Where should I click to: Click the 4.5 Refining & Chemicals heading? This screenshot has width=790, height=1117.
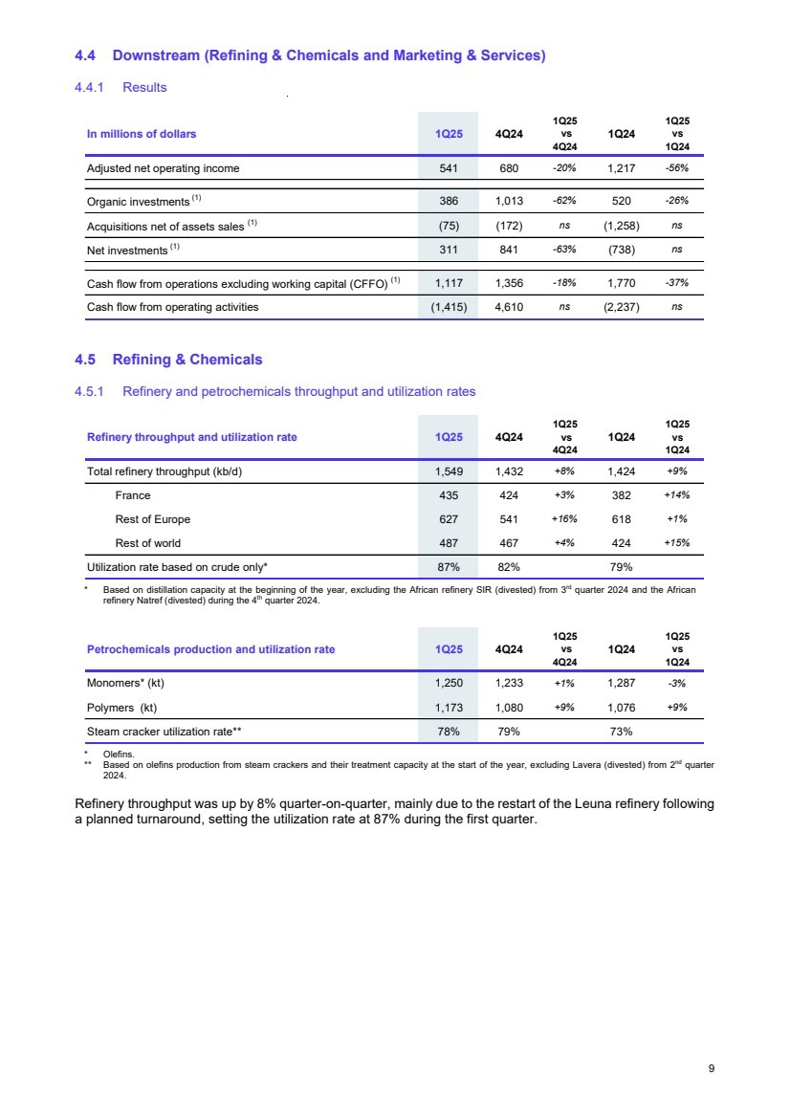167,360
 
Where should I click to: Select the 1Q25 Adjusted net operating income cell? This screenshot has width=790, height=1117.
443,168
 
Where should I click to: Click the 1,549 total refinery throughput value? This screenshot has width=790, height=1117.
443,471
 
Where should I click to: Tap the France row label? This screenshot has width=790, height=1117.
133,495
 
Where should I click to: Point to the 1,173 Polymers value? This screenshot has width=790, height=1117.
443,707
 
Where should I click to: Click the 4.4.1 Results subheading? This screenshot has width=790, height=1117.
121,87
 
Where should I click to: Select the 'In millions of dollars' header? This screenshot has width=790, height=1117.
142,134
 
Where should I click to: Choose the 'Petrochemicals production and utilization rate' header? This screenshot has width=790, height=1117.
210,648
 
